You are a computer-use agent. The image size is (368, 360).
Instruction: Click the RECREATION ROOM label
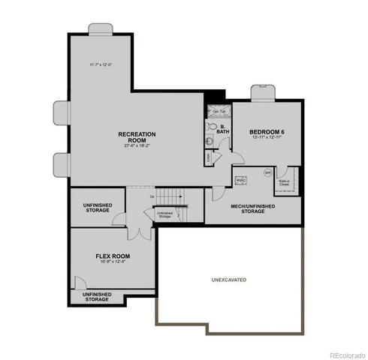pyautogui.click(x=137, y=136)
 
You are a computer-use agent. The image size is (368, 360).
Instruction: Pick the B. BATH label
pyautogui.click(x=222, y=129)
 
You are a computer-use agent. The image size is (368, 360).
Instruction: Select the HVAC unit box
pyautogui.click(x=242, y=181)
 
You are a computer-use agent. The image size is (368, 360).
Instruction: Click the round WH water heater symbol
pyautogui.click(x=266, y=173)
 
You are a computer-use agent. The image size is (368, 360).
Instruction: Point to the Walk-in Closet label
pyautogui.click(x=284, y=182)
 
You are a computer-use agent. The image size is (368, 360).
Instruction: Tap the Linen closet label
pyautogui.click(x=209, y=159)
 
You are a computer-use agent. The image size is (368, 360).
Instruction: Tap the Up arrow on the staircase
pyautogui.click(x=154, y=196)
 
